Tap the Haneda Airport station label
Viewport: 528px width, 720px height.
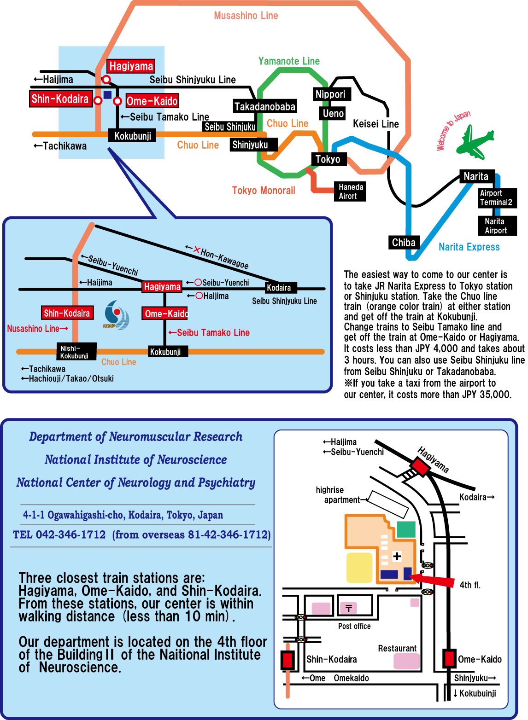pos(350,191)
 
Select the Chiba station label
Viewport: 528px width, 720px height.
pos(404,242)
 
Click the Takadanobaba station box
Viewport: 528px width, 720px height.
pos(264,106)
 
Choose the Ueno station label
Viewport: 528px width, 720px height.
pos(333,113)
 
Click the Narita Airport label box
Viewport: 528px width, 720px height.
pos(497,226)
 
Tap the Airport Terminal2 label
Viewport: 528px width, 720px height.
pos(497,197)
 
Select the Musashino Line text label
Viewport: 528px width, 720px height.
pos(246,16)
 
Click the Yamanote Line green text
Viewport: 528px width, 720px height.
pos(289,61)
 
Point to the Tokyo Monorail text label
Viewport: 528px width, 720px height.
pos(264,190)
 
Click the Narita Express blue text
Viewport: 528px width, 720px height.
pos(469,247)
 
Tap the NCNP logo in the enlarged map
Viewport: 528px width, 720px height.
pos(116,315)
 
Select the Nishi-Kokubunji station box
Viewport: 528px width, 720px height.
pos(76,351)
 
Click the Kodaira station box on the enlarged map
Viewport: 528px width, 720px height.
pos(281,287)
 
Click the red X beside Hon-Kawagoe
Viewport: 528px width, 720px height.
pos(197,250)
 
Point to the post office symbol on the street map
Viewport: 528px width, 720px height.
pos(349,608)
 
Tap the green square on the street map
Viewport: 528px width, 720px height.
pos(406,529)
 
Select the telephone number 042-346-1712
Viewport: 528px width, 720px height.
pos(70,534)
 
